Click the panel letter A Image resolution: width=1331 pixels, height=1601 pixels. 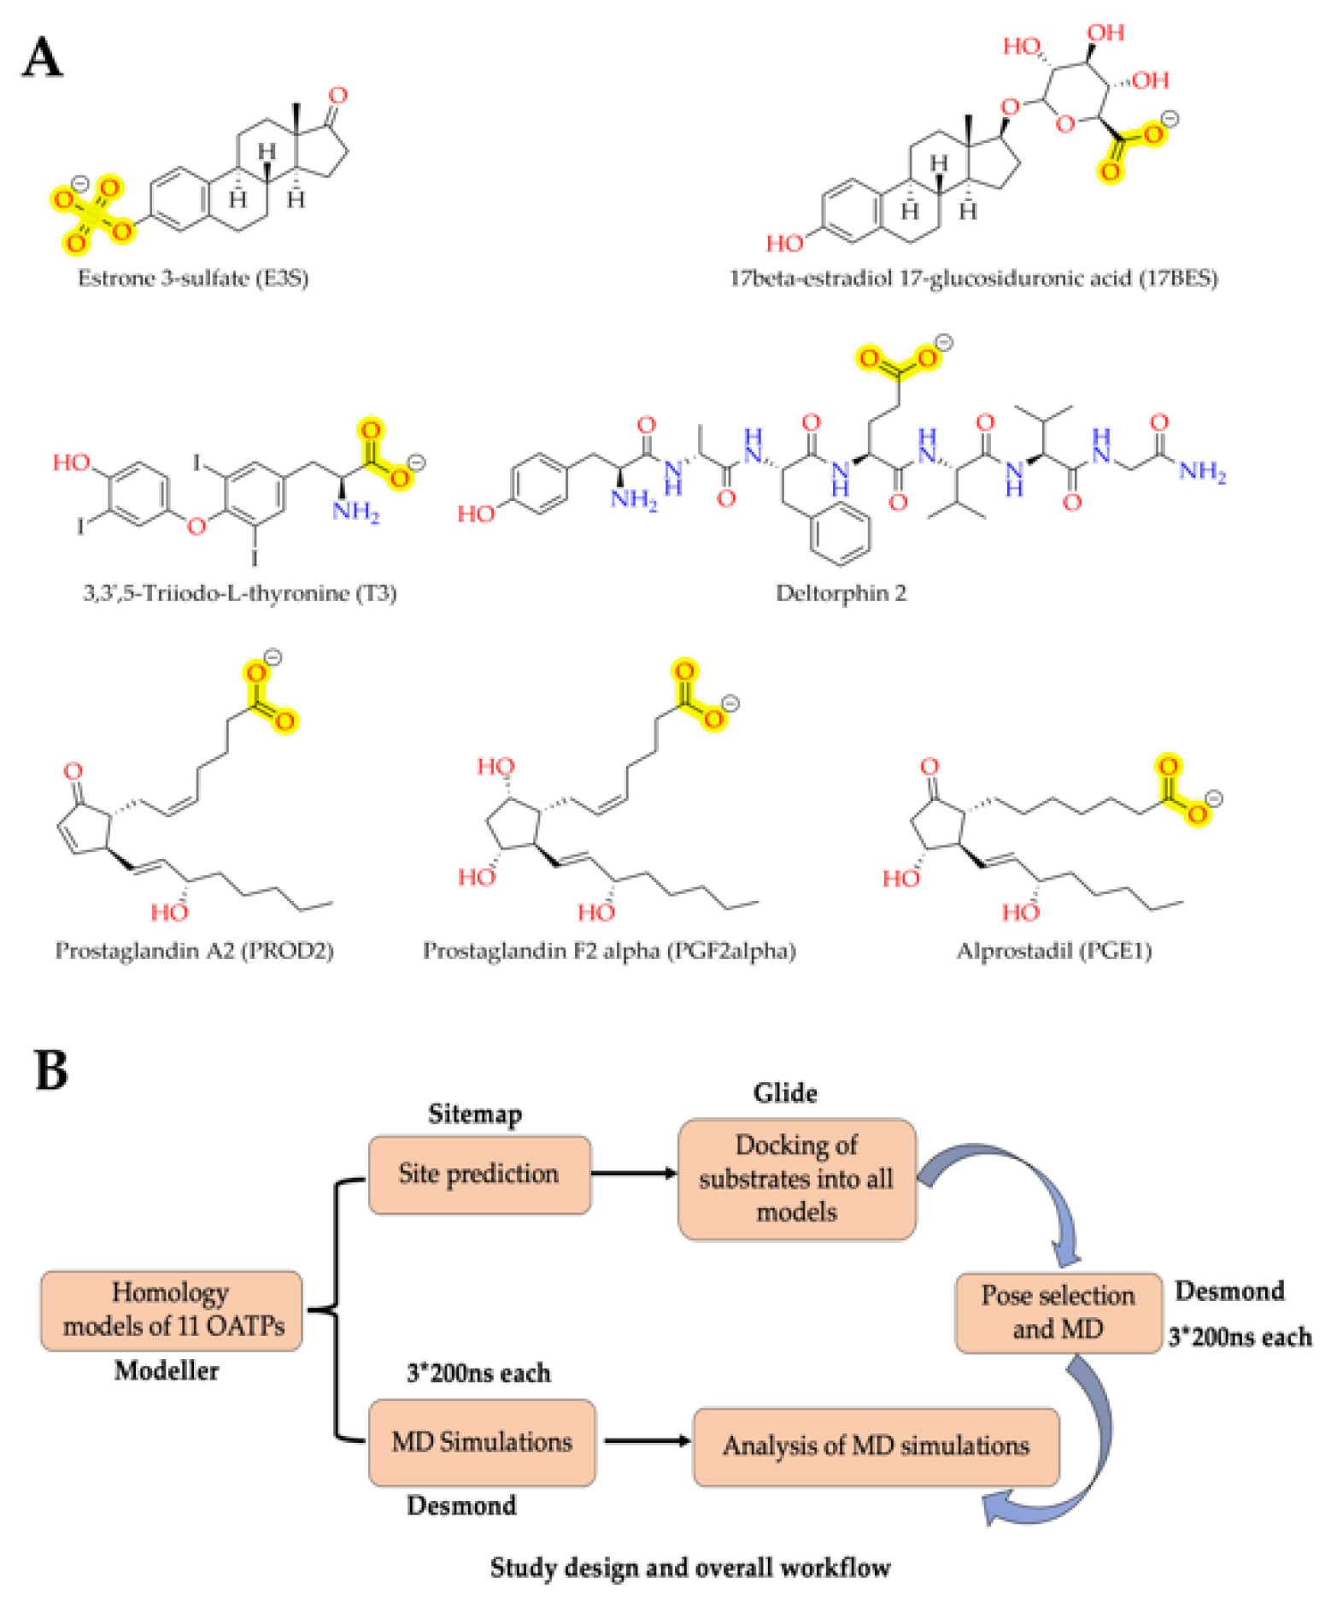(x=42, y=58)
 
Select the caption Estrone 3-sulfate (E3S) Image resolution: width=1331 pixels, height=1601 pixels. (x=193, y=278)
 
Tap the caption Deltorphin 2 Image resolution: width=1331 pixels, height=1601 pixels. (x=841, y=592)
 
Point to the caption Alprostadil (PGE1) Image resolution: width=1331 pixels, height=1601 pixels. (x=1053, y=951)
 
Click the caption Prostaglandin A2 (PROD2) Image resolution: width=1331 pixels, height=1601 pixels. (x=194, y=951)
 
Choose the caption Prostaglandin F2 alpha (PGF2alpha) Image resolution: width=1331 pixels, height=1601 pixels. (x=609, y=951)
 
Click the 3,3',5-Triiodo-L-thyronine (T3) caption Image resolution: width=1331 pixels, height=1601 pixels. (x=239, y=592)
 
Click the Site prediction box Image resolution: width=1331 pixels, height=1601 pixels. (x=479, y=1174)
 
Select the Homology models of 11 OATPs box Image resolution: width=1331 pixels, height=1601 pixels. (x=172, y=1310)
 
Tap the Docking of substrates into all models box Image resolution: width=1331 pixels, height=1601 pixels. (x=796, y=1178)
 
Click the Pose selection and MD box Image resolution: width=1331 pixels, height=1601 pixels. (x=1058, y=1312)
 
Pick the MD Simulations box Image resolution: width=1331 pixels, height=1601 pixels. (x=482, y=1442)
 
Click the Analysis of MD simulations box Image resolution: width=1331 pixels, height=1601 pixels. (x=876, y=1445)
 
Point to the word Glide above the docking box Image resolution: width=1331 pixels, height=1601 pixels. (x=784, y=1092)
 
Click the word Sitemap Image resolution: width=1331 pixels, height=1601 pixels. (x=475, y=1114)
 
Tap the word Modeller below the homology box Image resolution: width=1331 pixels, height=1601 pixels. (x=167, y=1370)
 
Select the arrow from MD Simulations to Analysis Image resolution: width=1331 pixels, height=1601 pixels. (x=646, y=1441)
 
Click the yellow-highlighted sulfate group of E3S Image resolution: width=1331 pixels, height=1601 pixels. (x=91, y=212)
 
